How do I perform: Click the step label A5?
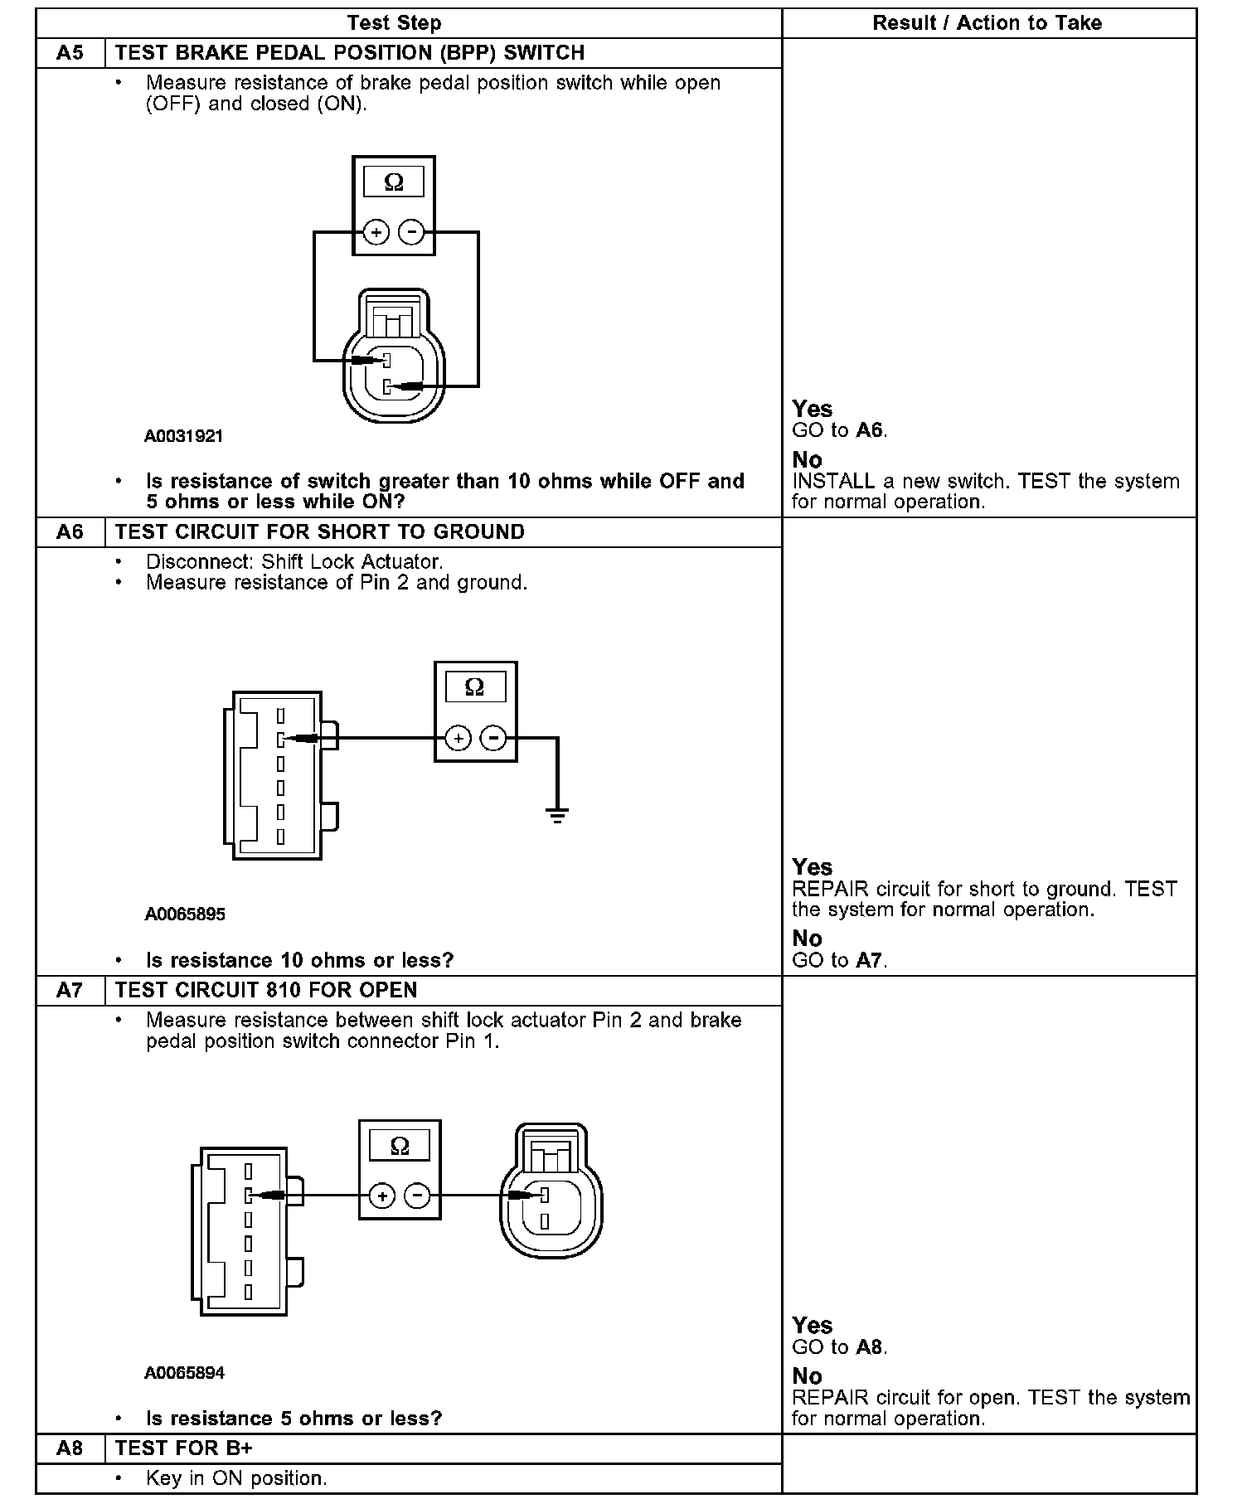point(70,53)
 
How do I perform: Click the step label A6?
point(70,532)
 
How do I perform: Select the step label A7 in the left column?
point(70,990)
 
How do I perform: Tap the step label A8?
point(70,1448)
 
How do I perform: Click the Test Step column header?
point(394,23)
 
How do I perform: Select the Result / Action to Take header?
point(987,23)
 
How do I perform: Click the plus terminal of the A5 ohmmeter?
point(376,233)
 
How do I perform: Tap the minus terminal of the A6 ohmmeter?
point(493,738)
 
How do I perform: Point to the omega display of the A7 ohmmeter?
point(400,1146)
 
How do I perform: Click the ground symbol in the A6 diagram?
point(557,815)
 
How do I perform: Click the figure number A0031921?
point(184,436)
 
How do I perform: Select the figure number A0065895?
point(185,914)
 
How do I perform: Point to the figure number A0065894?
point(185,1373)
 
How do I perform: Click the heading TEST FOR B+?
point(184,1448)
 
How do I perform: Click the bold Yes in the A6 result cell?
point(812,867)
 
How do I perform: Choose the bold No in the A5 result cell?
point(807,460)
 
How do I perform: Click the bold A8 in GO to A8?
point(869,1347)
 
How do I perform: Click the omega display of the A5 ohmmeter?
point(394,182)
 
